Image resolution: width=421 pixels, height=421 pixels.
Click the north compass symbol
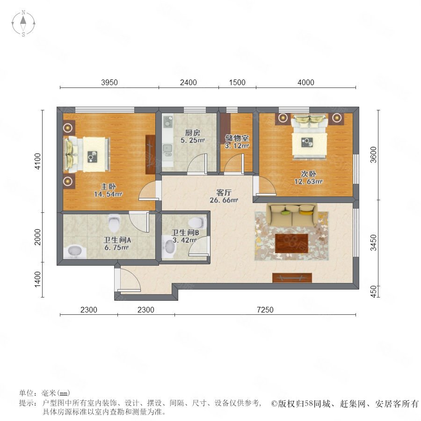pos(23,23)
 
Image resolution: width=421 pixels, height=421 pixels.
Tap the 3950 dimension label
pos(109,82)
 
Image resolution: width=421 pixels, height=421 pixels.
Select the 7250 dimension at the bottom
pos(265,310)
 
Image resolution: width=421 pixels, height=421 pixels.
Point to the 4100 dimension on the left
pos(38,161)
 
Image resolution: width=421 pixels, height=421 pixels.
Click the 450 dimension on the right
pos(373,291)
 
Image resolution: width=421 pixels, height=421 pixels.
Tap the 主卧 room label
pos(108,186)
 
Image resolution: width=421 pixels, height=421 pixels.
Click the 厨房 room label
pos(193,133)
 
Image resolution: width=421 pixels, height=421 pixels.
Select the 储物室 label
pos(237,138)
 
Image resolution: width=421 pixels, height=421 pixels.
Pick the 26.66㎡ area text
pos(224,200)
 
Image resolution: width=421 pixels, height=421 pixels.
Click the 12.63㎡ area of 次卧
pos(308,181)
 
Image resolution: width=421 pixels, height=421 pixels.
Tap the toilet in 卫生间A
pos(114,223)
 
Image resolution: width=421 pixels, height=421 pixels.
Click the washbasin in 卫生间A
pos(75,252)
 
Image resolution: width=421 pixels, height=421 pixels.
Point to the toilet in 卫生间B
pos(197,222)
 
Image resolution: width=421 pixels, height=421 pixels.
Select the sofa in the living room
pos(292,215)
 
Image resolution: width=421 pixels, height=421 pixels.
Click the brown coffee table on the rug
pos(291,243)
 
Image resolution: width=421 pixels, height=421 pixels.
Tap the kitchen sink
pos(167,148)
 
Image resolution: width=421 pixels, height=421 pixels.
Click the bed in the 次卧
pos(310,137)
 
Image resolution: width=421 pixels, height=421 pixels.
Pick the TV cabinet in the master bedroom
pos(150,154)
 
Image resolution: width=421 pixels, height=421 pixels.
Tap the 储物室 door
pos(243,164)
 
